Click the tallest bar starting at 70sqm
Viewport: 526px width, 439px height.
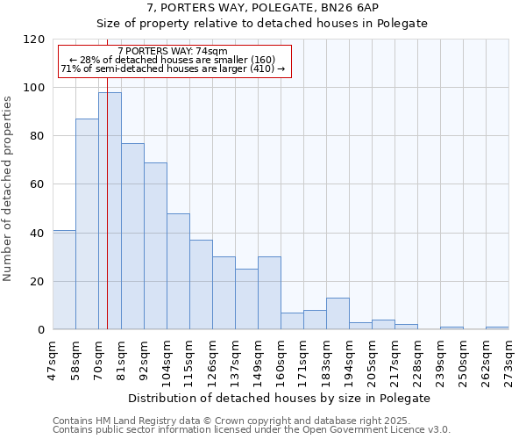coord(110,211)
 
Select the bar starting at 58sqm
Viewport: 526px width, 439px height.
coord(87,224)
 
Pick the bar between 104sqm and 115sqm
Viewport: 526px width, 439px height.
coord(178,271)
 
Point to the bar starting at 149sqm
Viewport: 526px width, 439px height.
coord(269,293)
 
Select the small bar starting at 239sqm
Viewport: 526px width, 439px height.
coord(451,328)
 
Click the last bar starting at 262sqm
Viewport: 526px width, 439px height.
coord(497,328)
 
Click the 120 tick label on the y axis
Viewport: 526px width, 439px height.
coord(34,40)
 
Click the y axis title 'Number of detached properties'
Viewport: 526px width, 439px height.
coord(9,189)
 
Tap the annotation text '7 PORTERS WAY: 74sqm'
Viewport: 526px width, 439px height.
coord(173,51)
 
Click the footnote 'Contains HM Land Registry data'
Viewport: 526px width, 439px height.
coord(231,421)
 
